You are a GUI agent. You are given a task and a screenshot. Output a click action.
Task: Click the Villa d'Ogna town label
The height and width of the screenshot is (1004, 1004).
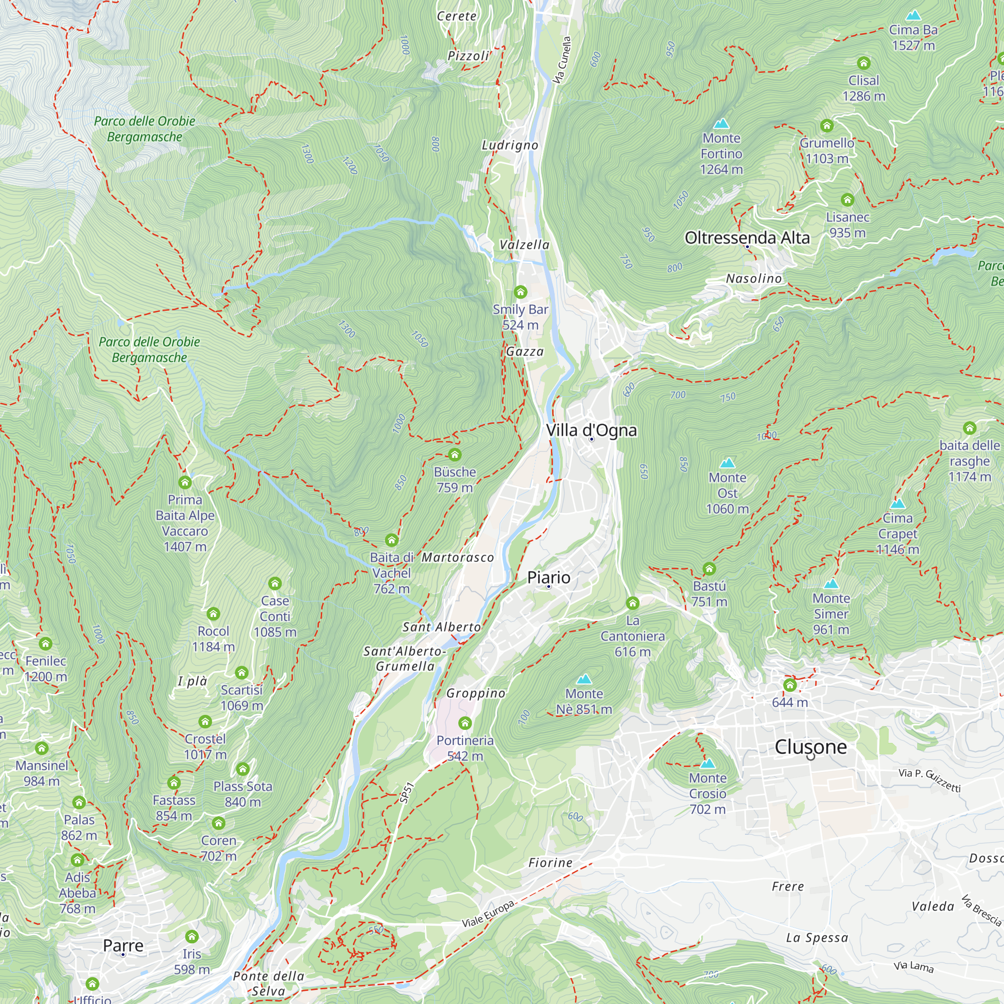(591, 430)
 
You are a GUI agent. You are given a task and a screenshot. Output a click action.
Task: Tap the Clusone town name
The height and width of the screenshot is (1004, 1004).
(810, 747)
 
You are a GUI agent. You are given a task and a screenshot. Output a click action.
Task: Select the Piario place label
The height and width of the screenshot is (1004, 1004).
(548, 577)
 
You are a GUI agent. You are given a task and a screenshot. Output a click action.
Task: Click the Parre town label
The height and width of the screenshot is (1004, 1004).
(123, 945)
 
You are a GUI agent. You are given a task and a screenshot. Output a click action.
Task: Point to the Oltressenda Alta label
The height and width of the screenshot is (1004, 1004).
(747, 237)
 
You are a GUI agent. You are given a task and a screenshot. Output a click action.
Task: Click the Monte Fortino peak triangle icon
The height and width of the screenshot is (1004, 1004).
(721, 123)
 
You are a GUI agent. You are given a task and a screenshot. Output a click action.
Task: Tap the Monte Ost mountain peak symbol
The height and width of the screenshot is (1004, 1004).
(727, 462)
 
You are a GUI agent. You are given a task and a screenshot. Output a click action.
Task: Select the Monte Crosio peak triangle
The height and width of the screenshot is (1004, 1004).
(707, 764)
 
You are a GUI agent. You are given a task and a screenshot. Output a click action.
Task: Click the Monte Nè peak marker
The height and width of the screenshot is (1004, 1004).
(584, 679)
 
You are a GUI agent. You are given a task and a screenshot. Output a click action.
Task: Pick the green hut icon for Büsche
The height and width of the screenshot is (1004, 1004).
(455, 455)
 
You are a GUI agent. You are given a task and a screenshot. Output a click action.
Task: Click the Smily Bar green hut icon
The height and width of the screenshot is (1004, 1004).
(520, 292)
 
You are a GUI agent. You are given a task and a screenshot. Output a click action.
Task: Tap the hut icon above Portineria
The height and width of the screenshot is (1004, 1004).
(465, 723)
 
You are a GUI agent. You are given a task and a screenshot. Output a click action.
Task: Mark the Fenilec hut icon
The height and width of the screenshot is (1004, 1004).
(46, 644)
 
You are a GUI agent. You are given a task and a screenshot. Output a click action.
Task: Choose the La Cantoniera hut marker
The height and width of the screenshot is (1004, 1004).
(633, 603)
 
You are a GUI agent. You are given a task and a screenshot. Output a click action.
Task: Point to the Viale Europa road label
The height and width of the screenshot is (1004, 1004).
(488, 914)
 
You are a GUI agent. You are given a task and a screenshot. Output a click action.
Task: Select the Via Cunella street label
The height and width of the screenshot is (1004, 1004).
(562, 60)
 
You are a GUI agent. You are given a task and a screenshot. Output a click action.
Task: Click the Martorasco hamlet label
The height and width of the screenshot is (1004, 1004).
(457, 558)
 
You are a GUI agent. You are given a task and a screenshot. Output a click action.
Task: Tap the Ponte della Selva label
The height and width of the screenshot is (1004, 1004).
(268, 983)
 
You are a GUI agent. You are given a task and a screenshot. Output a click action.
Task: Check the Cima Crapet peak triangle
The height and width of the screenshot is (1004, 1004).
(898, 504)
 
